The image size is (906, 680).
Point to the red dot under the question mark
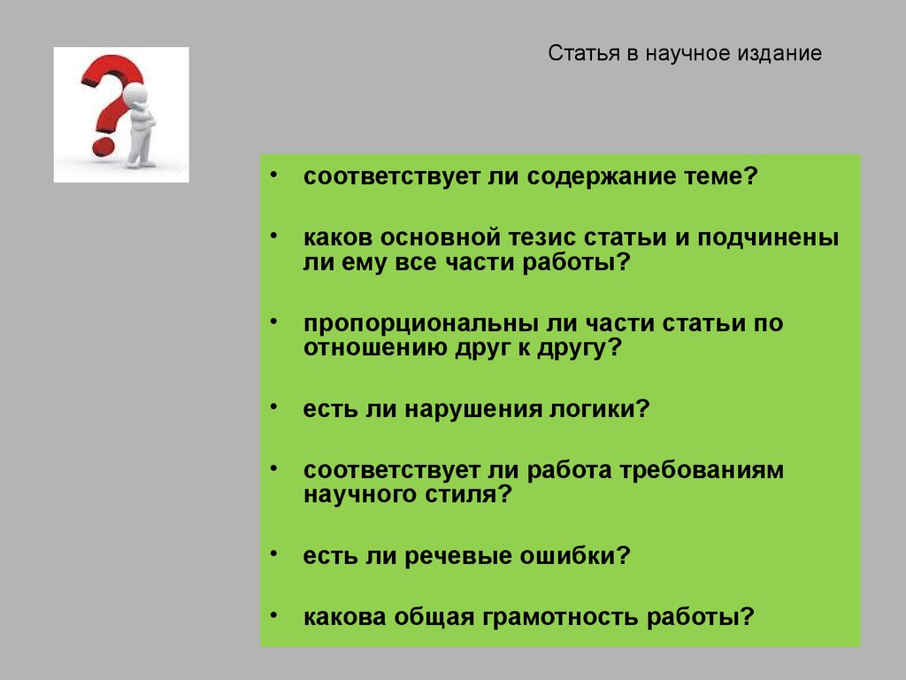point(103,144)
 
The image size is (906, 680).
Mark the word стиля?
point(477,495)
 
